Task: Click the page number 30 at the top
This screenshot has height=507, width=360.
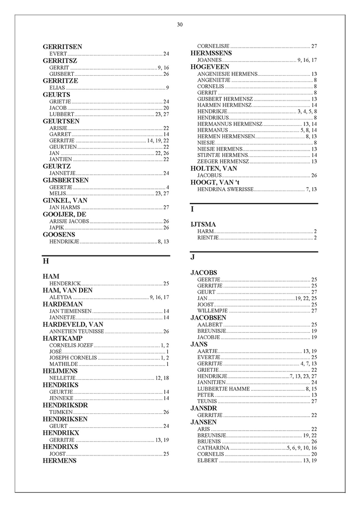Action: [x=180, y=25]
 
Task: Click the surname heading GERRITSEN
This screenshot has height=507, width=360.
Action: [x=62, y=47]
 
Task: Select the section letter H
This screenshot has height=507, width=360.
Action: [x=46, y=261]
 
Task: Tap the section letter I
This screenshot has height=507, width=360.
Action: [x=192, y=209]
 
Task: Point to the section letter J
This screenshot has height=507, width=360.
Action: [x=193, y=257]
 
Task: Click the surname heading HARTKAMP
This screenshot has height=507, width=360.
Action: [x=62, y=338]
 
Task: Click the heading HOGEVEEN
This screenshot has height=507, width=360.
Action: [x=209, y=67]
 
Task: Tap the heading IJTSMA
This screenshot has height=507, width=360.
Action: [x=203, y=224]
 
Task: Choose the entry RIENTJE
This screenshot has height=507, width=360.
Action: [x=208, y=238]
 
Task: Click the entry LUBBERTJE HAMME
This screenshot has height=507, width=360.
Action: [x=223, y=389]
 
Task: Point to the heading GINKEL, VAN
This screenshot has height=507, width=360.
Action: [x=65, y=201]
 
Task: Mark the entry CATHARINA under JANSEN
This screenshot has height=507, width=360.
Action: [x=213, y=448]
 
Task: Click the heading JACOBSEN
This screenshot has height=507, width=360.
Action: [x=208, y=317]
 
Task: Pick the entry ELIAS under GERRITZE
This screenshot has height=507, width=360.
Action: [x=57, y=88]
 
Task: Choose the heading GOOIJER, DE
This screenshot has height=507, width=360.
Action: [x=65, y=214]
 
